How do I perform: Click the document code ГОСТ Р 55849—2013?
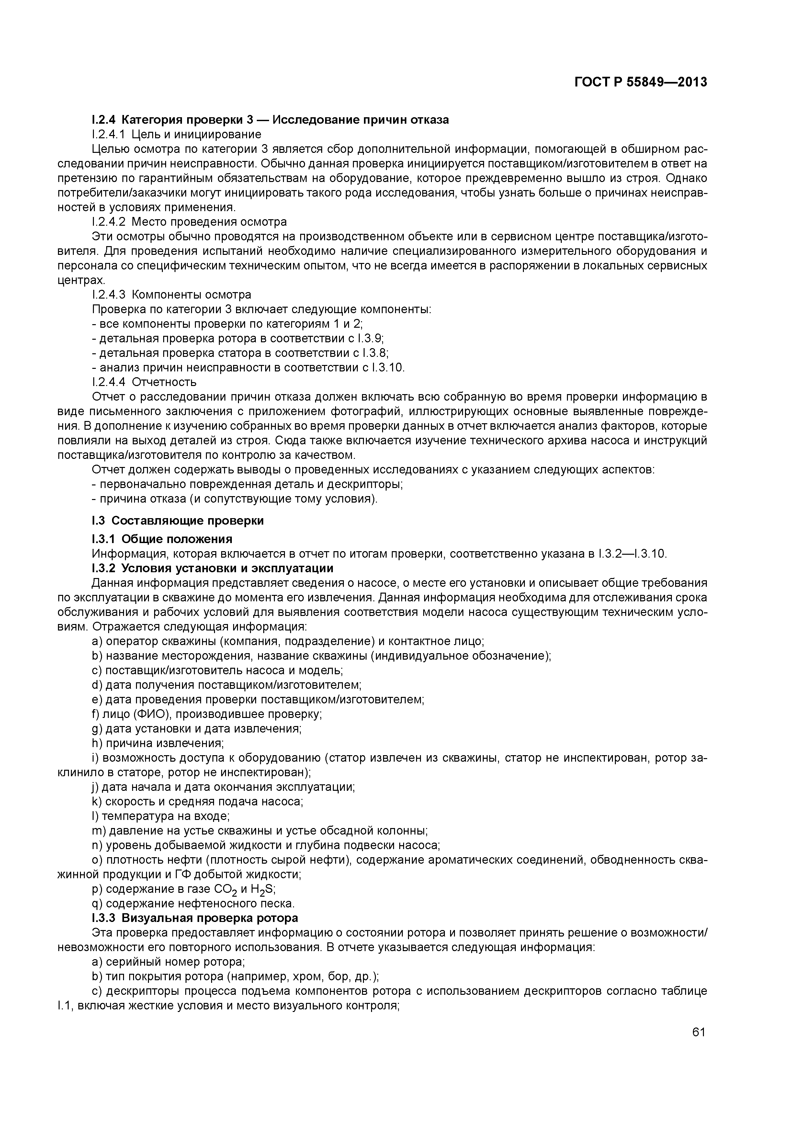click(x=641, y=82)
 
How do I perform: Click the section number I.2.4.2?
click(x=109, y=221)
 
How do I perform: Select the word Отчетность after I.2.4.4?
click(x=164, y=382)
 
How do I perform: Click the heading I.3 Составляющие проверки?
click(x=178, y=520)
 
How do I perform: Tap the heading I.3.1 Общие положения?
click(x=162, y=538)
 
